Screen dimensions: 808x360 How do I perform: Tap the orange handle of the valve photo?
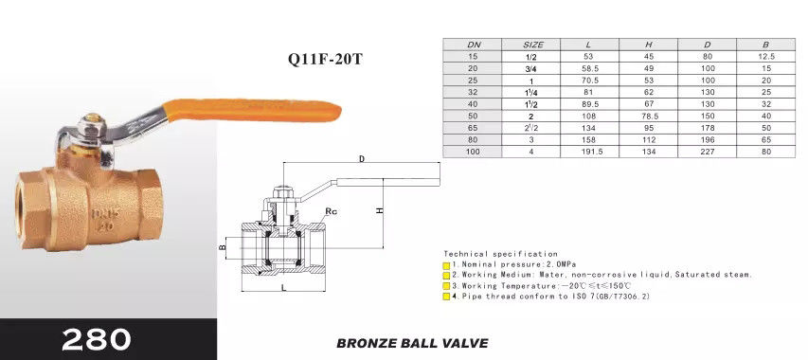point(252,110)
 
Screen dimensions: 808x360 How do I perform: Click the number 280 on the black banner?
point(97,339)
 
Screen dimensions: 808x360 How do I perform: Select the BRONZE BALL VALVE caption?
point(412,343)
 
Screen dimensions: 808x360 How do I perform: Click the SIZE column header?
point(533,45)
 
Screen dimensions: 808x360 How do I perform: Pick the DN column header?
point(474,45)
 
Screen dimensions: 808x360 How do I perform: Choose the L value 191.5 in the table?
point(590,152)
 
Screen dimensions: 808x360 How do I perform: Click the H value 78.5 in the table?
point(649,117)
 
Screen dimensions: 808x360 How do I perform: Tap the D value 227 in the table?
point(708,152)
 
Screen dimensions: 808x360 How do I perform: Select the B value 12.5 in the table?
point(766,57)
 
